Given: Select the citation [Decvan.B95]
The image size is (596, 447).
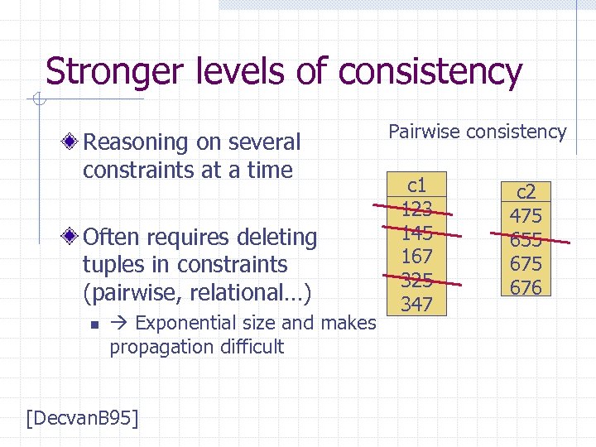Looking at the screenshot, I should [83, 418].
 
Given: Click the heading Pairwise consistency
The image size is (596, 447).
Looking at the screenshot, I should [478, 132].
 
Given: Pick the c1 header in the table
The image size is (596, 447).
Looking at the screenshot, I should [416, 185].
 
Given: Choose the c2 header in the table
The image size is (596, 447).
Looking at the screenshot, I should [526, 192].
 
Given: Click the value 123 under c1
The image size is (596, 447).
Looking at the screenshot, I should [416, 209].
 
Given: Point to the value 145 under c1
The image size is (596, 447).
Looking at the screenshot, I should [416, 233].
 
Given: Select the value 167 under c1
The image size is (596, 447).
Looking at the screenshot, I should [416, 257].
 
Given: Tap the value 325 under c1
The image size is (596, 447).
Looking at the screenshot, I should [416, 281].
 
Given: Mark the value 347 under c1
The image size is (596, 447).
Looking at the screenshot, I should [416, 305].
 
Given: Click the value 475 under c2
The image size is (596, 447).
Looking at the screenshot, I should [526, 216].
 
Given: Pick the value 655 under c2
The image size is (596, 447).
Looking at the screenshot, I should [526, 240].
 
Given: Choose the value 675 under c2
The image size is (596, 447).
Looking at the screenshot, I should [526, 263].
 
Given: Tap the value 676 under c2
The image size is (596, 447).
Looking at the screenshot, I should [526, 287].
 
